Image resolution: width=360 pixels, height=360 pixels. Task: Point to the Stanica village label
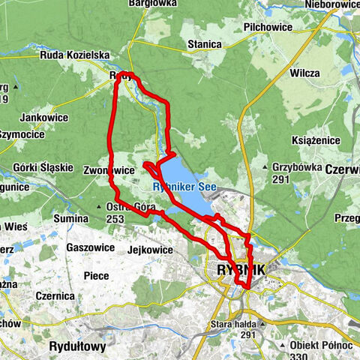pos(205,44)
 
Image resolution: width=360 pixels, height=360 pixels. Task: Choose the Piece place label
pos(95,275)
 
